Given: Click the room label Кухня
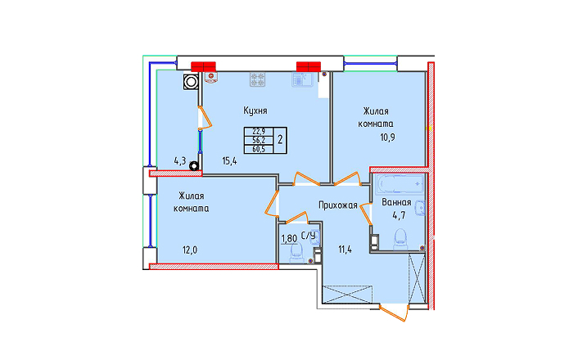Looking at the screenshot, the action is [255, 110].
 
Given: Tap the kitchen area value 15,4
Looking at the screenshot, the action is [229, 161].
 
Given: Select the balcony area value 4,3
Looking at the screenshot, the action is [180, 161].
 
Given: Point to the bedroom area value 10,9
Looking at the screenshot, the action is [387, 137].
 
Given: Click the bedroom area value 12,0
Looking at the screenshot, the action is [190, 250].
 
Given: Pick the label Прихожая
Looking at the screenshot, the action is [338, 205].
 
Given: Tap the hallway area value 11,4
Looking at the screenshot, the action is [345, 250].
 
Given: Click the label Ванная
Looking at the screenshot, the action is [396, 202].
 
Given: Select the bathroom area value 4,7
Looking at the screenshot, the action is [399, 215].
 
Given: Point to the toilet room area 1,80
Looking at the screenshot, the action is [289, 239].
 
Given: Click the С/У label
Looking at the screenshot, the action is [309, 236].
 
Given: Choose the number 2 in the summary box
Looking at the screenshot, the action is [280, 140].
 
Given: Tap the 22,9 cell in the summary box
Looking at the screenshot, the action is [259, 131].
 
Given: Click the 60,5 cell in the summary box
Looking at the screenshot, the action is [259, 149].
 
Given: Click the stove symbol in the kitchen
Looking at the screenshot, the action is [257, 79].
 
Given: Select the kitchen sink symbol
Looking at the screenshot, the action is [302, 79].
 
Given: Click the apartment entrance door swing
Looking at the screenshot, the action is [395, 313].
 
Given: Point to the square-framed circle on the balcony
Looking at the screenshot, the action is [191, 82].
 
